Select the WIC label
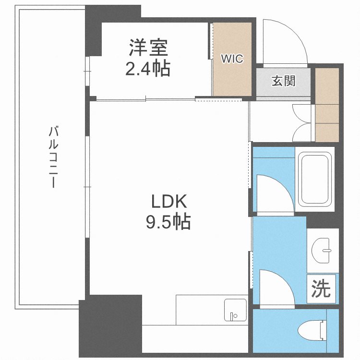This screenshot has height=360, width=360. click(x=232, y=59)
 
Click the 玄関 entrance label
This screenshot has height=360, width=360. click(x=283, y=81)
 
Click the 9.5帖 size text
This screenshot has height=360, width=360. click(x=168, y=222)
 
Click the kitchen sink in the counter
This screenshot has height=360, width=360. click(x=235, y=311)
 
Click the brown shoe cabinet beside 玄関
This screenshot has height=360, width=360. click(x=327, y=105)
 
